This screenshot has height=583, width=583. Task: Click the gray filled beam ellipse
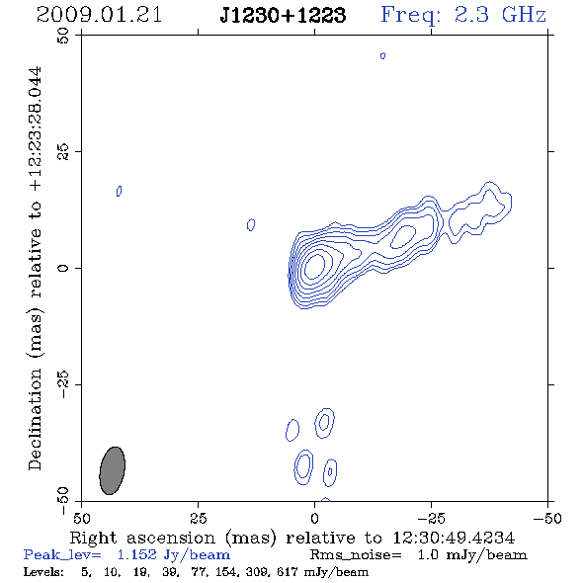pyautogui.click(x=113, y=470)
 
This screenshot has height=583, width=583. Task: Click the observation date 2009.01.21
pyautogui.click(x=99, y=15)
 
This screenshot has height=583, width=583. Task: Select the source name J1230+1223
pyautogui.click(x=283, y=15)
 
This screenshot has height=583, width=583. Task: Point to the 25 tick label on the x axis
pyautogui.click(x=198, y=518)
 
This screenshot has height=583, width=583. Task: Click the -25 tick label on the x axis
pyautogui.click(x=431, y=518)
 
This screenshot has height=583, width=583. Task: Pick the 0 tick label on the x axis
pyautogui.click(x=314, y=518)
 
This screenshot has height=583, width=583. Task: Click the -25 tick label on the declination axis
pyautogui.click(x=63, y=384)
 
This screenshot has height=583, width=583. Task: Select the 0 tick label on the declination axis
pyautogui.click(x=63, y=268)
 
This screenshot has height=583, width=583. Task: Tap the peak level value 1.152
pyautogui.click(x=136, y=554)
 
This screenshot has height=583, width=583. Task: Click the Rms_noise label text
pyautogui.click(x=356, y=555)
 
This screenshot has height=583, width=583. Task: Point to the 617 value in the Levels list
pyautogui.click(x=287, y=571)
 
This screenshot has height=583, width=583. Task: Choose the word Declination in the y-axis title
pyautogui.click(x=35, y=419)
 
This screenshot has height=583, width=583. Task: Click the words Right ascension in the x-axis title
pyautogui.click(x=142, y=538)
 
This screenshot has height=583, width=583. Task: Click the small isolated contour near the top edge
pyautogui.click(x=382, y=55)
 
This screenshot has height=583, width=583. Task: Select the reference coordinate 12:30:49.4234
pyautogui.click(x=454, y=538)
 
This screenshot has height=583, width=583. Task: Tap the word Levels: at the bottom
pyautogui.click(x=43, y=571)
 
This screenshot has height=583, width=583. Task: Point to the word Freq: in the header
pyautogui.click(x=411, y=16)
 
